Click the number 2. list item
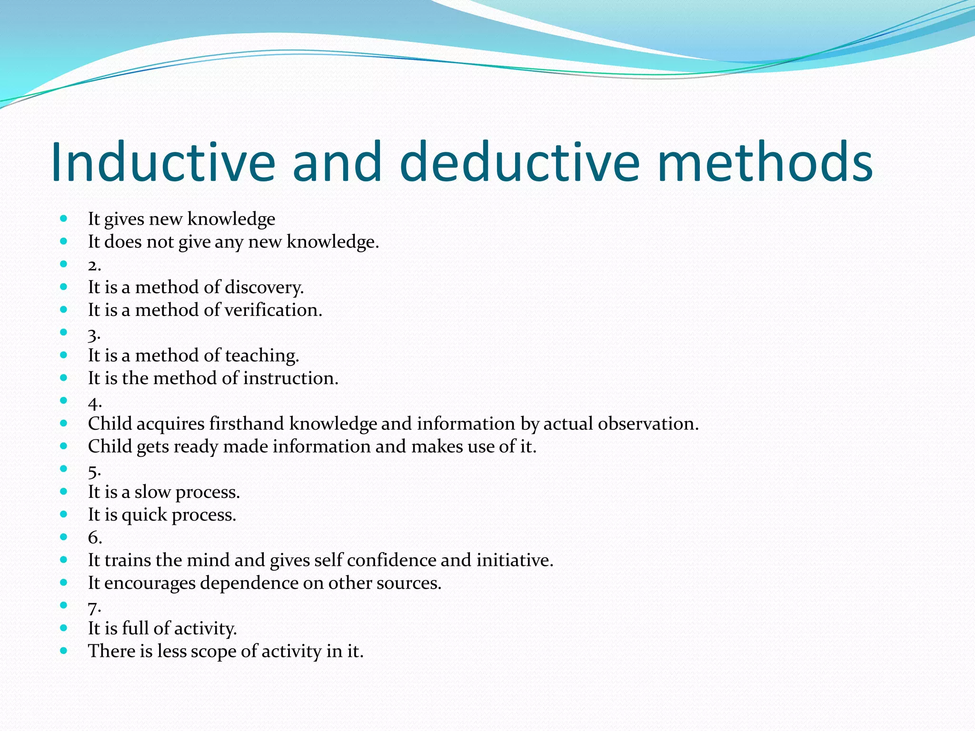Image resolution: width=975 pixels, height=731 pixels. [x=94, y=265]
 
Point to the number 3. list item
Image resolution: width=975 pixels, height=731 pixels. [x=94, y=334]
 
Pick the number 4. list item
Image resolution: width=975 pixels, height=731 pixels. [x=95, y=403]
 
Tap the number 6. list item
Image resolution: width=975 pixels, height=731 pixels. [x=95, y=538]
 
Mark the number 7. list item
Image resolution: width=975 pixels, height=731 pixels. [x=94, y=607]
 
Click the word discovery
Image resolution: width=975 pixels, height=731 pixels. [x=264, y=287]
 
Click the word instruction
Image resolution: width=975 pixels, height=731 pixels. [x=290, y=378]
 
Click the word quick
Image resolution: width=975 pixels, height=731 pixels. [x=144, y=515]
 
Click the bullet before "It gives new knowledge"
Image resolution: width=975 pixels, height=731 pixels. [x=64, y=219]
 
